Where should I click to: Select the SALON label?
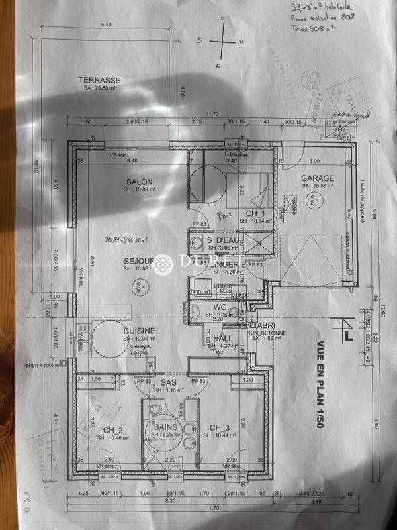coord(139,182)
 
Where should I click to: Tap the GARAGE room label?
coord(318,178)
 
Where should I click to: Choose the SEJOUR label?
coord(139,261)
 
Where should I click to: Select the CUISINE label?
coord(139,331)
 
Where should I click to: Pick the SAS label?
coord(168,383)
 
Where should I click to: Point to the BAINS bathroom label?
coord(165,427)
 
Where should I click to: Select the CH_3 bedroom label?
coord(219,427)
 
